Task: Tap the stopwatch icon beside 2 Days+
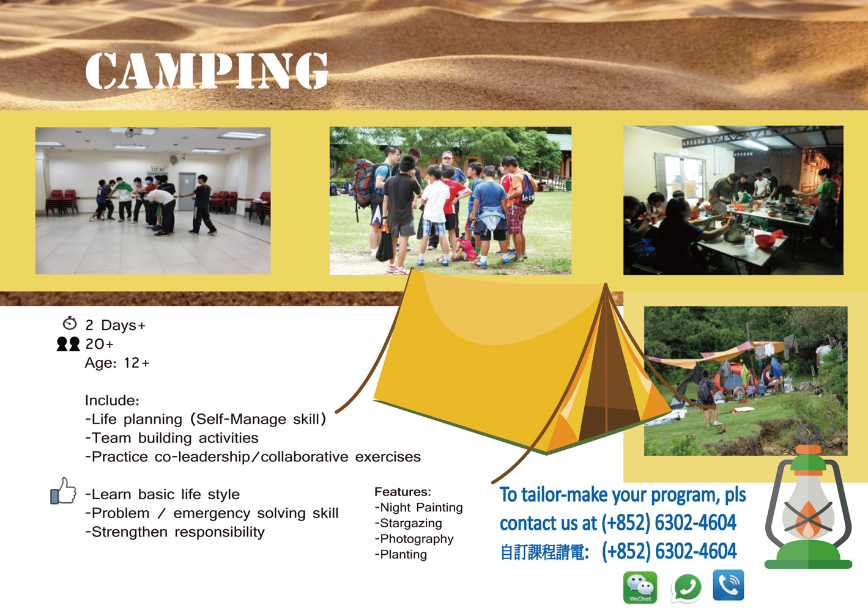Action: [x=70, y=323]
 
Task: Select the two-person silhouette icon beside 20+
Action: [x=68, y=344]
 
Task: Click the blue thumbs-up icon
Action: [x=64, y=491]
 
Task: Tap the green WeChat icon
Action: [x=640, y=587]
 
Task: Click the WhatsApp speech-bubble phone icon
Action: [x=686, y=588]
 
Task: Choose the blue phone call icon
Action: [x=729, y=585]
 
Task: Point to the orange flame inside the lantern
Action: [x=808, y=519]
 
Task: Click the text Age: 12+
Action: [x=117, y=363]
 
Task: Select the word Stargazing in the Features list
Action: [x=408, y=523]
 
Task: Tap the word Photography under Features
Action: [x=414, y=539]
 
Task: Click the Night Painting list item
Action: [x=418, y=507]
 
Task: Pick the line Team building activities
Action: [x=172, y=438]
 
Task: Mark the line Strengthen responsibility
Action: [x=175, y=532]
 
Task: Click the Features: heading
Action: [x=402, y=492]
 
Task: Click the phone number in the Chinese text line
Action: [x=669, y=551]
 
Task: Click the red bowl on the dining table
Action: [x=765, y=241]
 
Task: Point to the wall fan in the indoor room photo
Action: [x=174, y=159]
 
